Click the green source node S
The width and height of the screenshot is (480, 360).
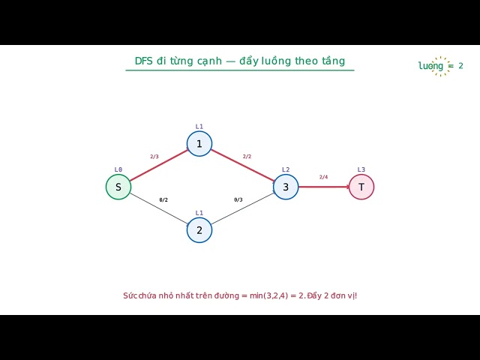tap(118, 187)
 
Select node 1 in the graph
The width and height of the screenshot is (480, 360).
tap(199, 143)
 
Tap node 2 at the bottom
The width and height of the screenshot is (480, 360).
tap(199, 230)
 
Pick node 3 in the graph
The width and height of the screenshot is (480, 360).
tap(286, 187)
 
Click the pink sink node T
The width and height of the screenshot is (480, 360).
tap(361, 187)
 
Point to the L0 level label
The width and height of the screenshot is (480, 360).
tap(118, 169)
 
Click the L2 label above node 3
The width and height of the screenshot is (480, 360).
tap(286, 169)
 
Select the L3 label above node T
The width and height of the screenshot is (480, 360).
tap(361, 169)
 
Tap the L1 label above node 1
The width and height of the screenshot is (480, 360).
tap(199, 127)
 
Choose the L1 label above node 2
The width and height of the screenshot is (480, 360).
tap(199, 213)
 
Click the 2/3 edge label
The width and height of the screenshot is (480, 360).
tap(154, 157)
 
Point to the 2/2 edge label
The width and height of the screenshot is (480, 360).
tap(247, 157)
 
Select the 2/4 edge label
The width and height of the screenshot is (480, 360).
tap(323, 177)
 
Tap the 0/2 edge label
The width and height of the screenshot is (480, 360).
tap(163, 200)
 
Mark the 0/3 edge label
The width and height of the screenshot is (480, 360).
tap(238, 200)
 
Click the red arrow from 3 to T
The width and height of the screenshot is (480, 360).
tap(324, 187)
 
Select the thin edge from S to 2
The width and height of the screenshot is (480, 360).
tap(159, 209)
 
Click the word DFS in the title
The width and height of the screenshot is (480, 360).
tap(143, 61)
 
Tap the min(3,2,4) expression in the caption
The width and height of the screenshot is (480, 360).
tap(268, 295)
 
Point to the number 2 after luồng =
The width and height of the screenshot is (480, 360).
tap(460, 65)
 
